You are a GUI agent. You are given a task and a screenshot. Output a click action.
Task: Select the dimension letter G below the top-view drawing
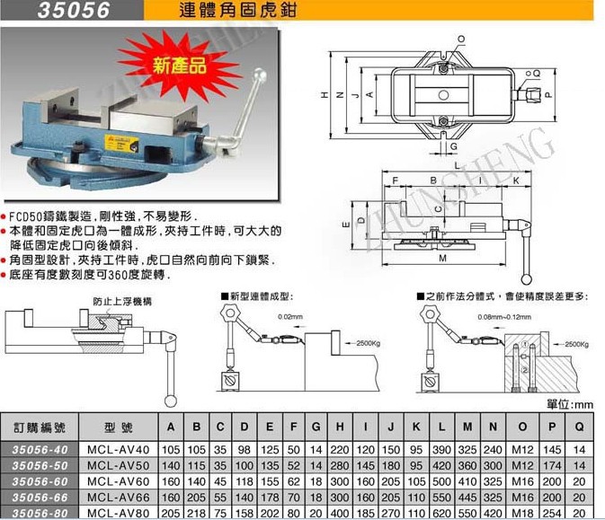coord(453,145)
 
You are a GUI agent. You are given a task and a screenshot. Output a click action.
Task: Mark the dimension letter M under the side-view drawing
coord(442,260)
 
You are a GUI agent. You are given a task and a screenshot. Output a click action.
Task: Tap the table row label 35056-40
coord(39,448)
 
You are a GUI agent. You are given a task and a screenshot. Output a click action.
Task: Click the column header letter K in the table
coord(414,425)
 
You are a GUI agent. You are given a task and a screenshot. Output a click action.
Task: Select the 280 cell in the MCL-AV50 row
coord(339,464)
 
